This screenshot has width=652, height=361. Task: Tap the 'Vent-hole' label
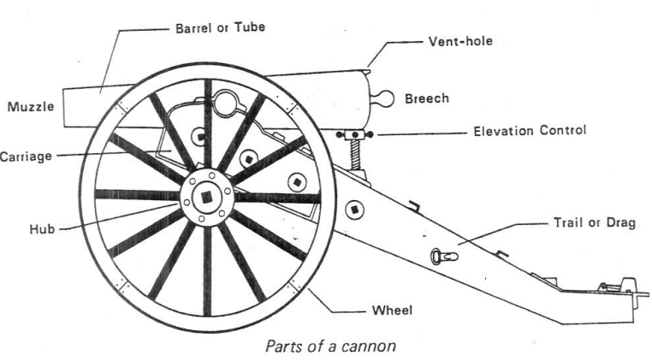coord(462,41)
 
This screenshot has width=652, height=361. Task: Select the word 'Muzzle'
coord(31,107)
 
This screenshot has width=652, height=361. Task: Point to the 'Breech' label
coord(424,98)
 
